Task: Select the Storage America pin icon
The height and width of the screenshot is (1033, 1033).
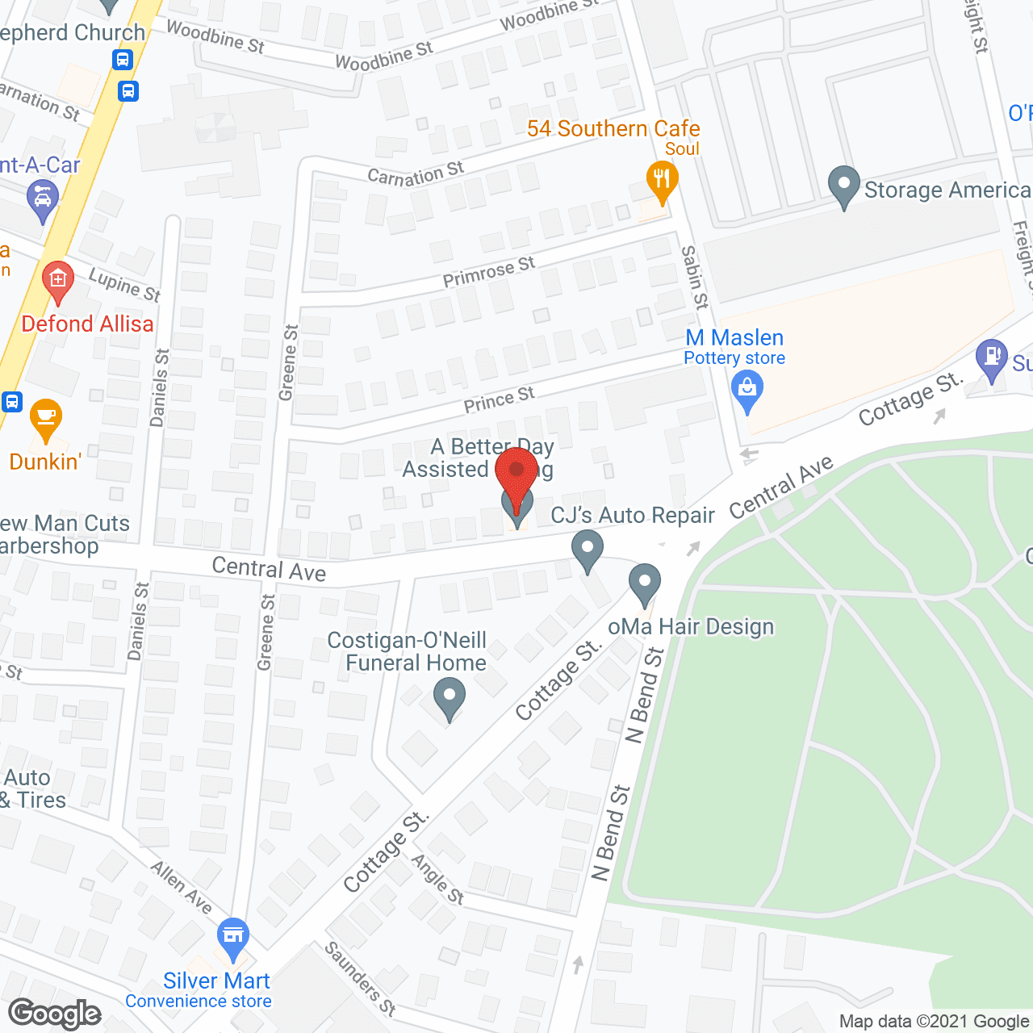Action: click(x=843, y=186)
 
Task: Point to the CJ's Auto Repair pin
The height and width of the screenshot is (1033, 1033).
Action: click(x=588, y=550)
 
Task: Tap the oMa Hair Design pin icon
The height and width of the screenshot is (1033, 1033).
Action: click(x=644, y=583)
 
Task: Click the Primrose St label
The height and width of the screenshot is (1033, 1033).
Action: click(x=489, y=271)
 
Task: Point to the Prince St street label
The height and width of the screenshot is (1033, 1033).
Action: click(x=499, y=399)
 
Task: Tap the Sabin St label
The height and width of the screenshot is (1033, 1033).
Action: click(x=694, y=278)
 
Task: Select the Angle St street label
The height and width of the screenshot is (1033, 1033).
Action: click(x=437, y=879)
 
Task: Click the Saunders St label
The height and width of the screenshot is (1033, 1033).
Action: click(x=361, y=977)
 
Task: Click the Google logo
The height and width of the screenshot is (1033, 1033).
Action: click(x=55, y=1014)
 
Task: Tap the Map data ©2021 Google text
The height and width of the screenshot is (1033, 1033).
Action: click(x=935, y=1022)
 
